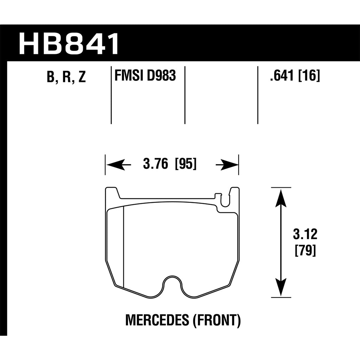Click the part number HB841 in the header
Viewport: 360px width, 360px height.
tap(69, 44)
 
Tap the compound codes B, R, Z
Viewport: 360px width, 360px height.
tap(66, 77)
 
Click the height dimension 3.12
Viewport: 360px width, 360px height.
tap(305, 234)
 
